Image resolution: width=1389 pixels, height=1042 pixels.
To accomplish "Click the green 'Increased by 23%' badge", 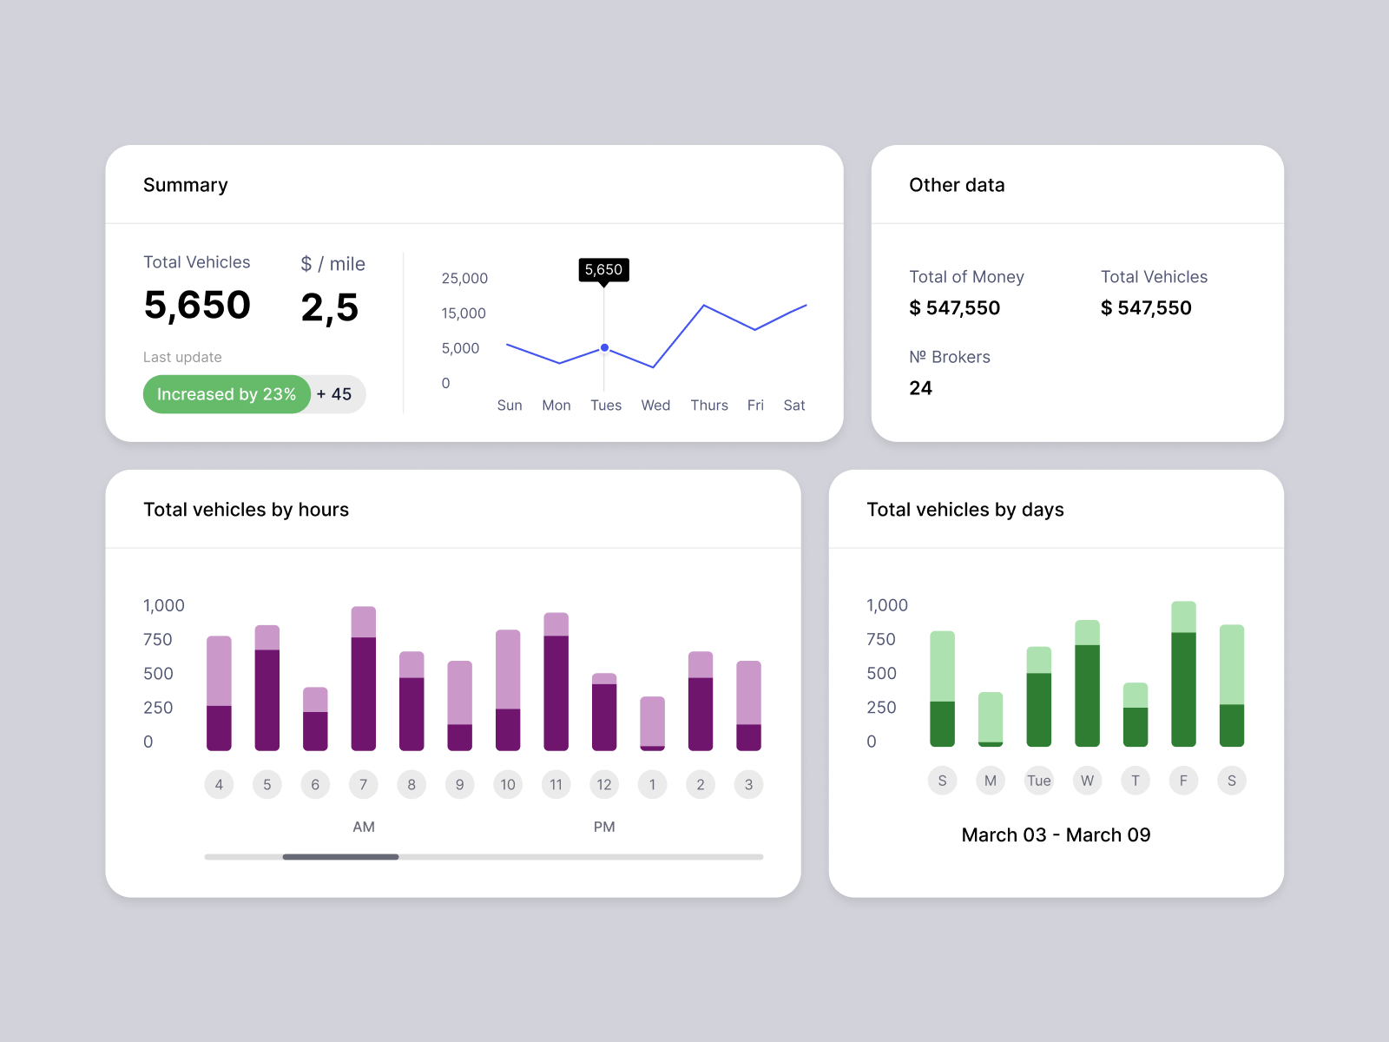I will pyautogui.click(x=226, y=394).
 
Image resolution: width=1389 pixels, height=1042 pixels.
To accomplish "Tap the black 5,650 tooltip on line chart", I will pyautogui.click(x=603, y=270).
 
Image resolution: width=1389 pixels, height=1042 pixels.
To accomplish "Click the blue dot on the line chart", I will pyautogui.click(x=604, y=347).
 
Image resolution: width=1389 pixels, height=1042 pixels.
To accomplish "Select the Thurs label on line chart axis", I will pyautogui.click(x=708, y=406).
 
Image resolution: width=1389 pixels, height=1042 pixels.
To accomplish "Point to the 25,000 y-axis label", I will pyautogui.click(x=464, y=279).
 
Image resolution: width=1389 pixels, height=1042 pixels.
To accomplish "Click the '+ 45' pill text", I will pyautogui.click(x=334, y=394).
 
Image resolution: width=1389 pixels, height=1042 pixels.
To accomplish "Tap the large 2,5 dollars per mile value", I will pyautogui.click(x=329, y=307).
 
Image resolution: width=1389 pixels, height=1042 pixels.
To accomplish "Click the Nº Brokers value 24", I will pyautogui.click(x=920, y=388).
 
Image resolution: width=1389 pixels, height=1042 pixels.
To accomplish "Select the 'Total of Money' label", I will pyautogui.click(x=966, y=277).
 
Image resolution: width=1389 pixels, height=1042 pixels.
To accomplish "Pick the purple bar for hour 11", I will pyautogui.click(x=556, y=682).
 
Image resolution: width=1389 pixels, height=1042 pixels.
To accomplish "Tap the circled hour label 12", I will pyautogui.click(x=604, y=785).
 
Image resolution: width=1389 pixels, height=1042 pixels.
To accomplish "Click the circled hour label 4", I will pyautogui.click(x=219, y=785).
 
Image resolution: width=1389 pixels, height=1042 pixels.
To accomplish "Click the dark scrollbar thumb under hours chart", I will pyautogui.click(x=340, y=857).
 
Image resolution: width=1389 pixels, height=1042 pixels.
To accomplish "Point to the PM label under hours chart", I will pyautogui.click(x=604, y=827).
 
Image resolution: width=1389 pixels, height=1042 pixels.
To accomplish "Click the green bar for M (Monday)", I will pyautogui.click(x=990, y=719).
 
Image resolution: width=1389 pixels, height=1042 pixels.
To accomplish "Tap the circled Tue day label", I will pyautogui.click(x=1038, y=781).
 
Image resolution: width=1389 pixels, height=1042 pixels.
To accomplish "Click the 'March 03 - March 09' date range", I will pyautogui.click(x=1056, y=835).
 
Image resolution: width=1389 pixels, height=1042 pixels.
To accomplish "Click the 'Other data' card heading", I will pyautogui.click(x=957, y=185).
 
